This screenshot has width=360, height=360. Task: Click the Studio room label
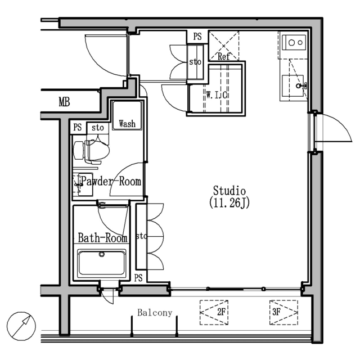click(229, 191)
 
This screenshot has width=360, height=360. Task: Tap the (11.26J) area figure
click(229, 203)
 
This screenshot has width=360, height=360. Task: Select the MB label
click(64, 102)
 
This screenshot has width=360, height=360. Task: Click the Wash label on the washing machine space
click(127, 124)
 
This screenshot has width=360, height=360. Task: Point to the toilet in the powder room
click(91, 151)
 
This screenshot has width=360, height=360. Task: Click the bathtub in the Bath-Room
click(102, 263)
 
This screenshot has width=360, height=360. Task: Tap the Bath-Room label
click(102, 238)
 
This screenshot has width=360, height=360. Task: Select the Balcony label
click(155, 313)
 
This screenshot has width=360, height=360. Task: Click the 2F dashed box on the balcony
click(214, 312)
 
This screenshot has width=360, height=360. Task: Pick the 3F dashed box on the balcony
click(283, 312)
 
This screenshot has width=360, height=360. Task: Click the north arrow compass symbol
click(21, 326)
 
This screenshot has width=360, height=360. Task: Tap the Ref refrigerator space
click(224, 46)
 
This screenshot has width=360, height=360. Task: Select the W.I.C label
click(217, 95)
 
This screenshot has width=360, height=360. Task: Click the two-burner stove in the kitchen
click(294, 43)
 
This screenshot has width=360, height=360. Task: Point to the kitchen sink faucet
click(301, 86)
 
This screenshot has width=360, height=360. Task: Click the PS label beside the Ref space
click(197, 37)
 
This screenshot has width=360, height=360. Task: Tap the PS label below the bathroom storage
click(138, 278)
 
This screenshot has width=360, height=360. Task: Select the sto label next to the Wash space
click(98, 128)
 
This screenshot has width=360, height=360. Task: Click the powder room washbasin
click(83, 184)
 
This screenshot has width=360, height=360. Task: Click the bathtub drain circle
click(102, 254)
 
